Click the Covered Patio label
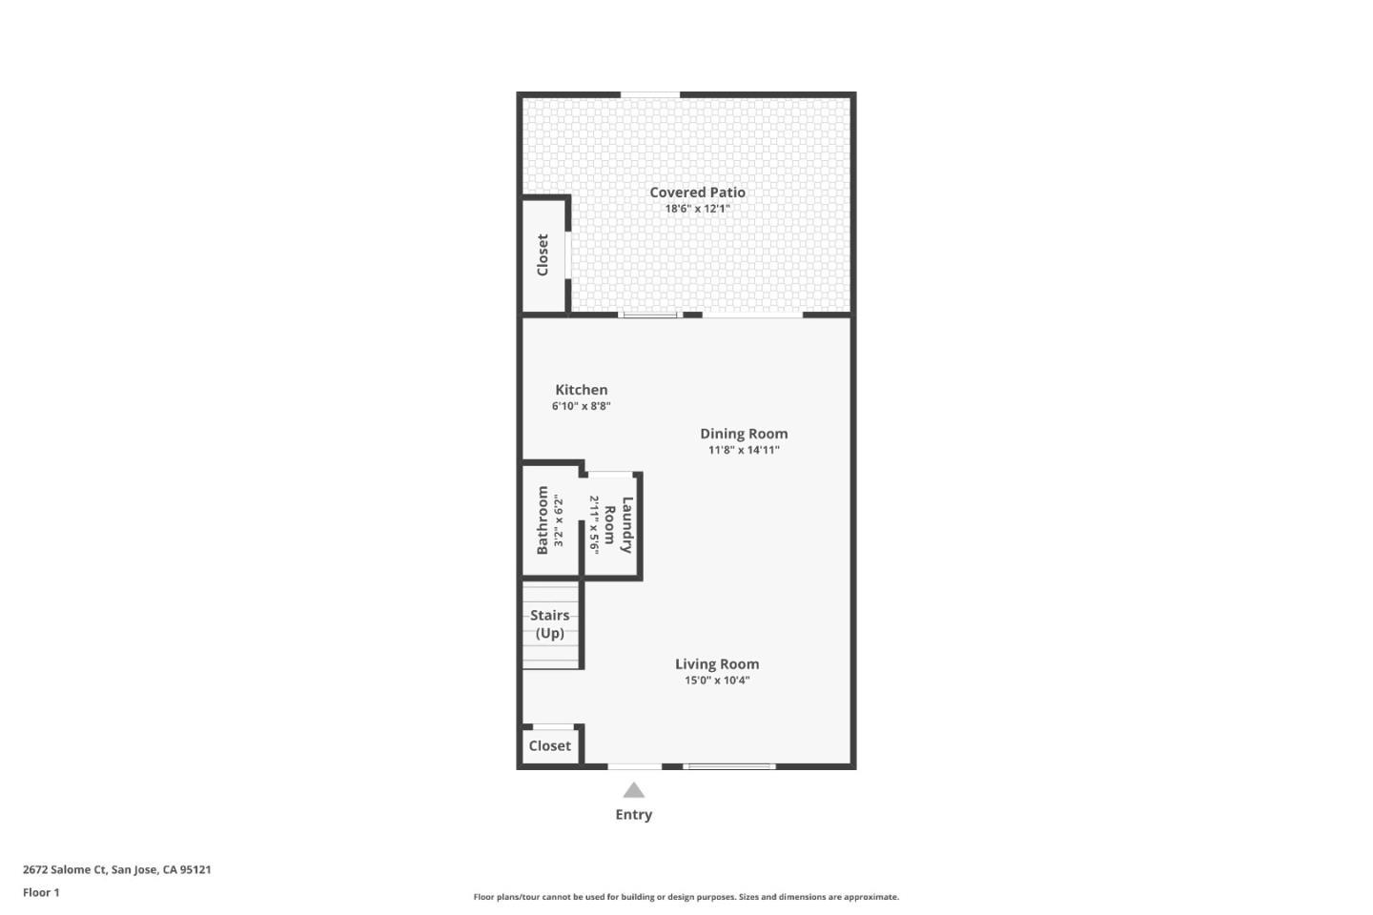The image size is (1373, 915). coord(697,193)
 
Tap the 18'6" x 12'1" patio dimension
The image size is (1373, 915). coord(697,209)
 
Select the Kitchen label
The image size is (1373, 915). coord(581,390)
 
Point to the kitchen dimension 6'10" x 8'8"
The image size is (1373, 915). coord(581,406)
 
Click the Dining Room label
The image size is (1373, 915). coord(744,434)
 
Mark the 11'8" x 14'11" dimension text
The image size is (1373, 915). coord(744,450)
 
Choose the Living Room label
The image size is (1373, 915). coord(717,664)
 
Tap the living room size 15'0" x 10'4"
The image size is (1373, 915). coord(717,681)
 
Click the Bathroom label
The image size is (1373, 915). coord(543,520)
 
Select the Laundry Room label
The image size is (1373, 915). coord(618,525)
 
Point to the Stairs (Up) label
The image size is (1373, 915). coord(549,624)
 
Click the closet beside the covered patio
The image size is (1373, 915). coord(543,255)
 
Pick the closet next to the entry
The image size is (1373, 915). coord(549,746)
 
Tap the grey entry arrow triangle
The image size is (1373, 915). coord(634,790)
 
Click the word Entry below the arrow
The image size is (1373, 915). coord(634,814)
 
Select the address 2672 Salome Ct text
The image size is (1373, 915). coord(116,869)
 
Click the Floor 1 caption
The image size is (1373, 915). coord(41,892)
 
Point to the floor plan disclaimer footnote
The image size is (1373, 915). coord(686,897)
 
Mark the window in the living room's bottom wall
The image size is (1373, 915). coord(730,765)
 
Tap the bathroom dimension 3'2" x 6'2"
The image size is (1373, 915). coord(559,521)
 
